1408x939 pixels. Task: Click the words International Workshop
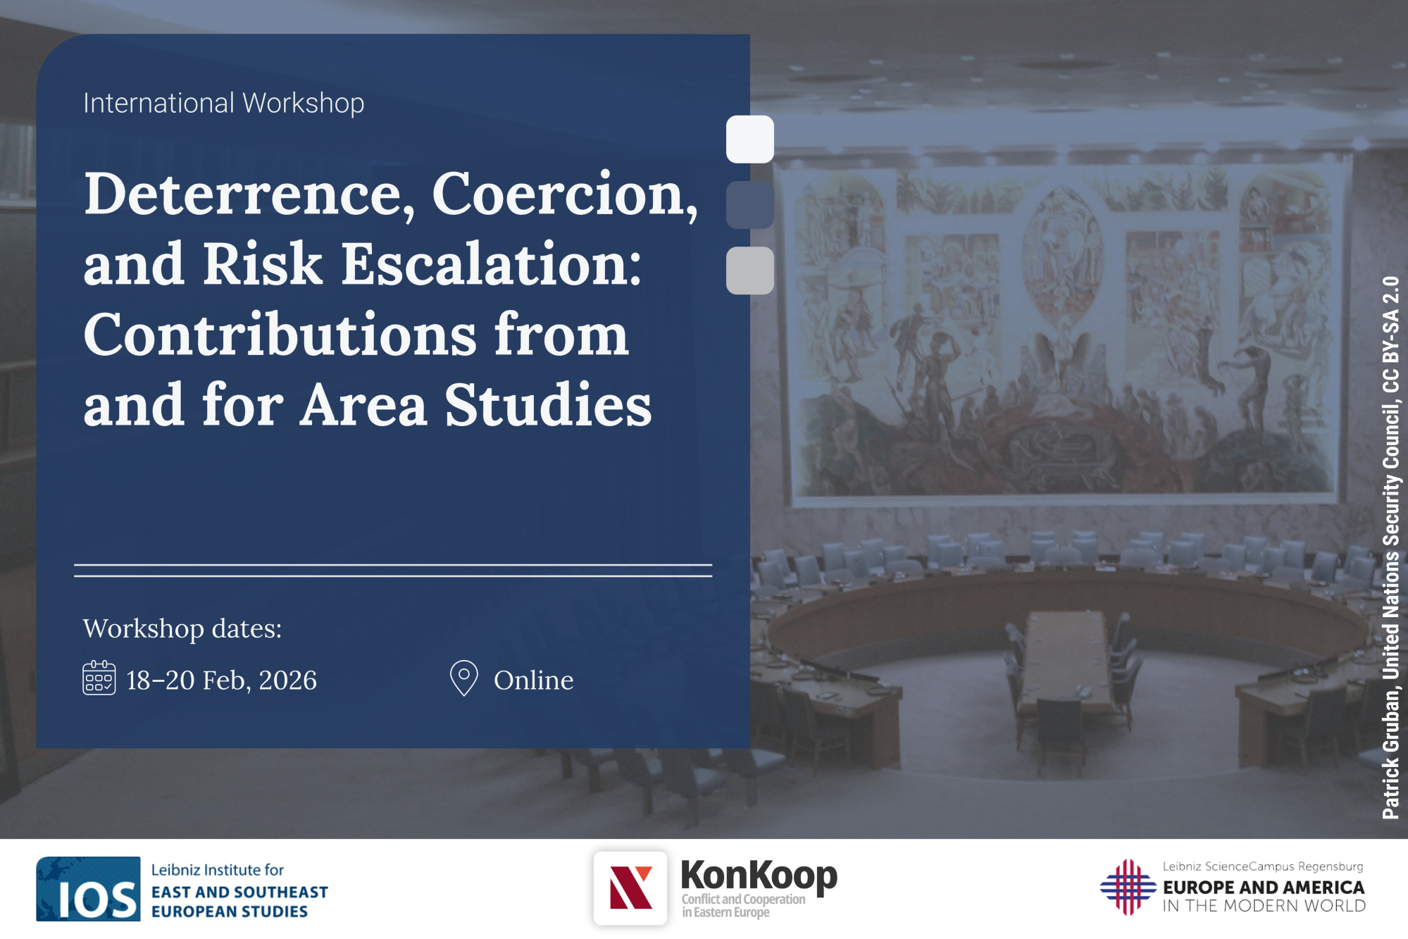click(x=223, y=104)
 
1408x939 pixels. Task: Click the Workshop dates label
click(x=182, y=628)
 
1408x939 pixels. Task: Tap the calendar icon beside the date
click(x=99, y=678)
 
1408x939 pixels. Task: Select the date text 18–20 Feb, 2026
click(x=222, y=680)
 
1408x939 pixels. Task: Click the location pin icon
click(x=463, y=677)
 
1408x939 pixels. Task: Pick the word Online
click(x=534, y=680)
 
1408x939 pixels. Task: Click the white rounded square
click(x=750, y=139)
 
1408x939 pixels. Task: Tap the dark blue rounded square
click(x=750, y=205)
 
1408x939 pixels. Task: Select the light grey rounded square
click(x=750, y=270)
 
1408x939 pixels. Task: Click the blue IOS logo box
click(x=88, y=889)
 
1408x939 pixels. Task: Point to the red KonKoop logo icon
click(x=630, y=888)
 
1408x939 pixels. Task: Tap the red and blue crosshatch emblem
click(x=1128, y=888)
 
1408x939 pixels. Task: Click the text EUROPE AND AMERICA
click(x=1264, y=888)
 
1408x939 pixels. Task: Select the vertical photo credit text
click(x=1391, y=548)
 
